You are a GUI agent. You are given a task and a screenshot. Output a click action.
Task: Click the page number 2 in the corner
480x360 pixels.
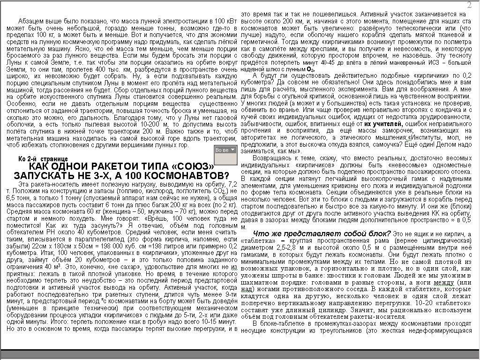[x=469, y=5]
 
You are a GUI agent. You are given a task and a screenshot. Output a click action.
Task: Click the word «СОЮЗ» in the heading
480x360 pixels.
[x=194, y=167]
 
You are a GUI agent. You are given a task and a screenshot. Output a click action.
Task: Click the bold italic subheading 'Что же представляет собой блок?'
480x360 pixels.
[x=322, y=233]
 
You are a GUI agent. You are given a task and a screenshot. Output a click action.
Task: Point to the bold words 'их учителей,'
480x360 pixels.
[x=384, y=123]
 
